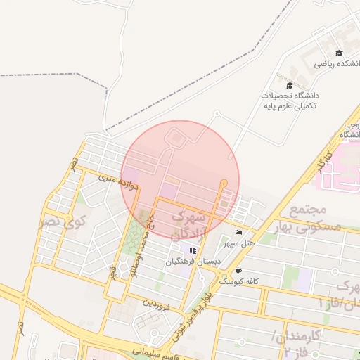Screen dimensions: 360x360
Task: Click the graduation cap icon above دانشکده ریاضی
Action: coord(339,53)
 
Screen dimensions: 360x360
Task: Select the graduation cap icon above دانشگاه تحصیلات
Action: coord(290,85)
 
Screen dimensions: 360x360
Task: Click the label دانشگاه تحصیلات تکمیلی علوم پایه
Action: coord(290,100)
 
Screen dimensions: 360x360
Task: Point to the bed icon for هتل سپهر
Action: coord(238,233)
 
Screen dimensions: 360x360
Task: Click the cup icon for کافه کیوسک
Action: coord(238,271)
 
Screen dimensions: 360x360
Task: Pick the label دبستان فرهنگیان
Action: coord(193,262)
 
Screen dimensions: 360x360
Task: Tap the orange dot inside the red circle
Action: coord(224,184)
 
